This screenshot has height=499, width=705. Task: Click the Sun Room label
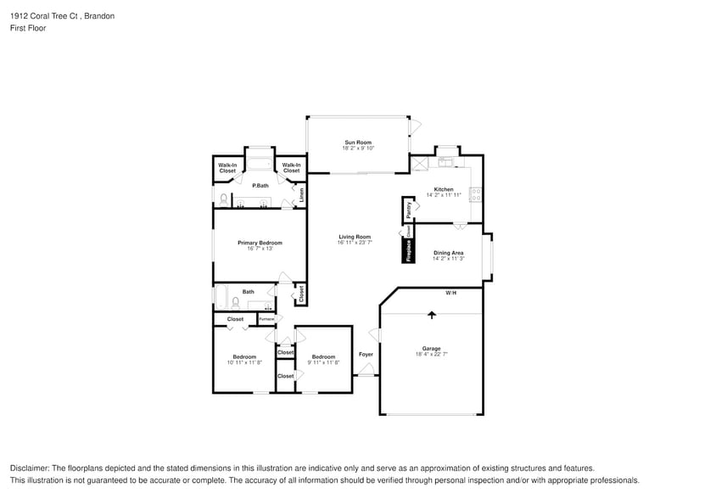click(357, 142)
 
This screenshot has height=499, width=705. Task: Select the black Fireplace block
click(408, 250)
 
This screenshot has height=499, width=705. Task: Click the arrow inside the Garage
click(432, 314)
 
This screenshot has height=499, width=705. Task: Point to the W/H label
click(450, 293)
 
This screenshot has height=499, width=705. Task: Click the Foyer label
click(366, 354)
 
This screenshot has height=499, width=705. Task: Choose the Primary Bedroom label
click(260, 243)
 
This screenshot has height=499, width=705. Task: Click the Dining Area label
click(448, 253)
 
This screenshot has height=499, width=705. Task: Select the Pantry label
click(409, 208)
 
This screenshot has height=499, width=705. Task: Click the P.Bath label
click(260, 185)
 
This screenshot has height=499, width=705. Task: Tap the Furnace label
click(266, 319)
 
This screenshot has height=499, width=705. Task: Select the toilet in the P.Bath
click(223, 199)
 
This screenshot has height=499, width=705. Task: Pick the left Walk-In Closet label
click(227, 168)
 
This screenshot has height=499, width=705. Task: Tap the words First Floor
click(28, 28)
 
